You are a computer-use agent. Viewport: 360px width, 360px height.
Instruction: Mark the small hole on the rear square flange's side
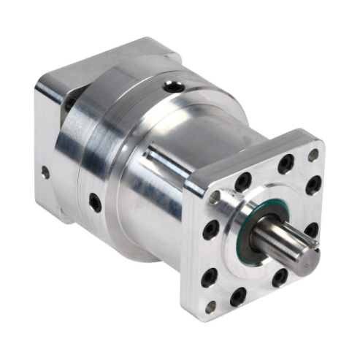click(x=45, y=173)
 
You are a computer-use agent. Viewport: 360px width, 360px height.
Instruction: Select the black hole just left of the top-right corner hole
click(x=286, y=164)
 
